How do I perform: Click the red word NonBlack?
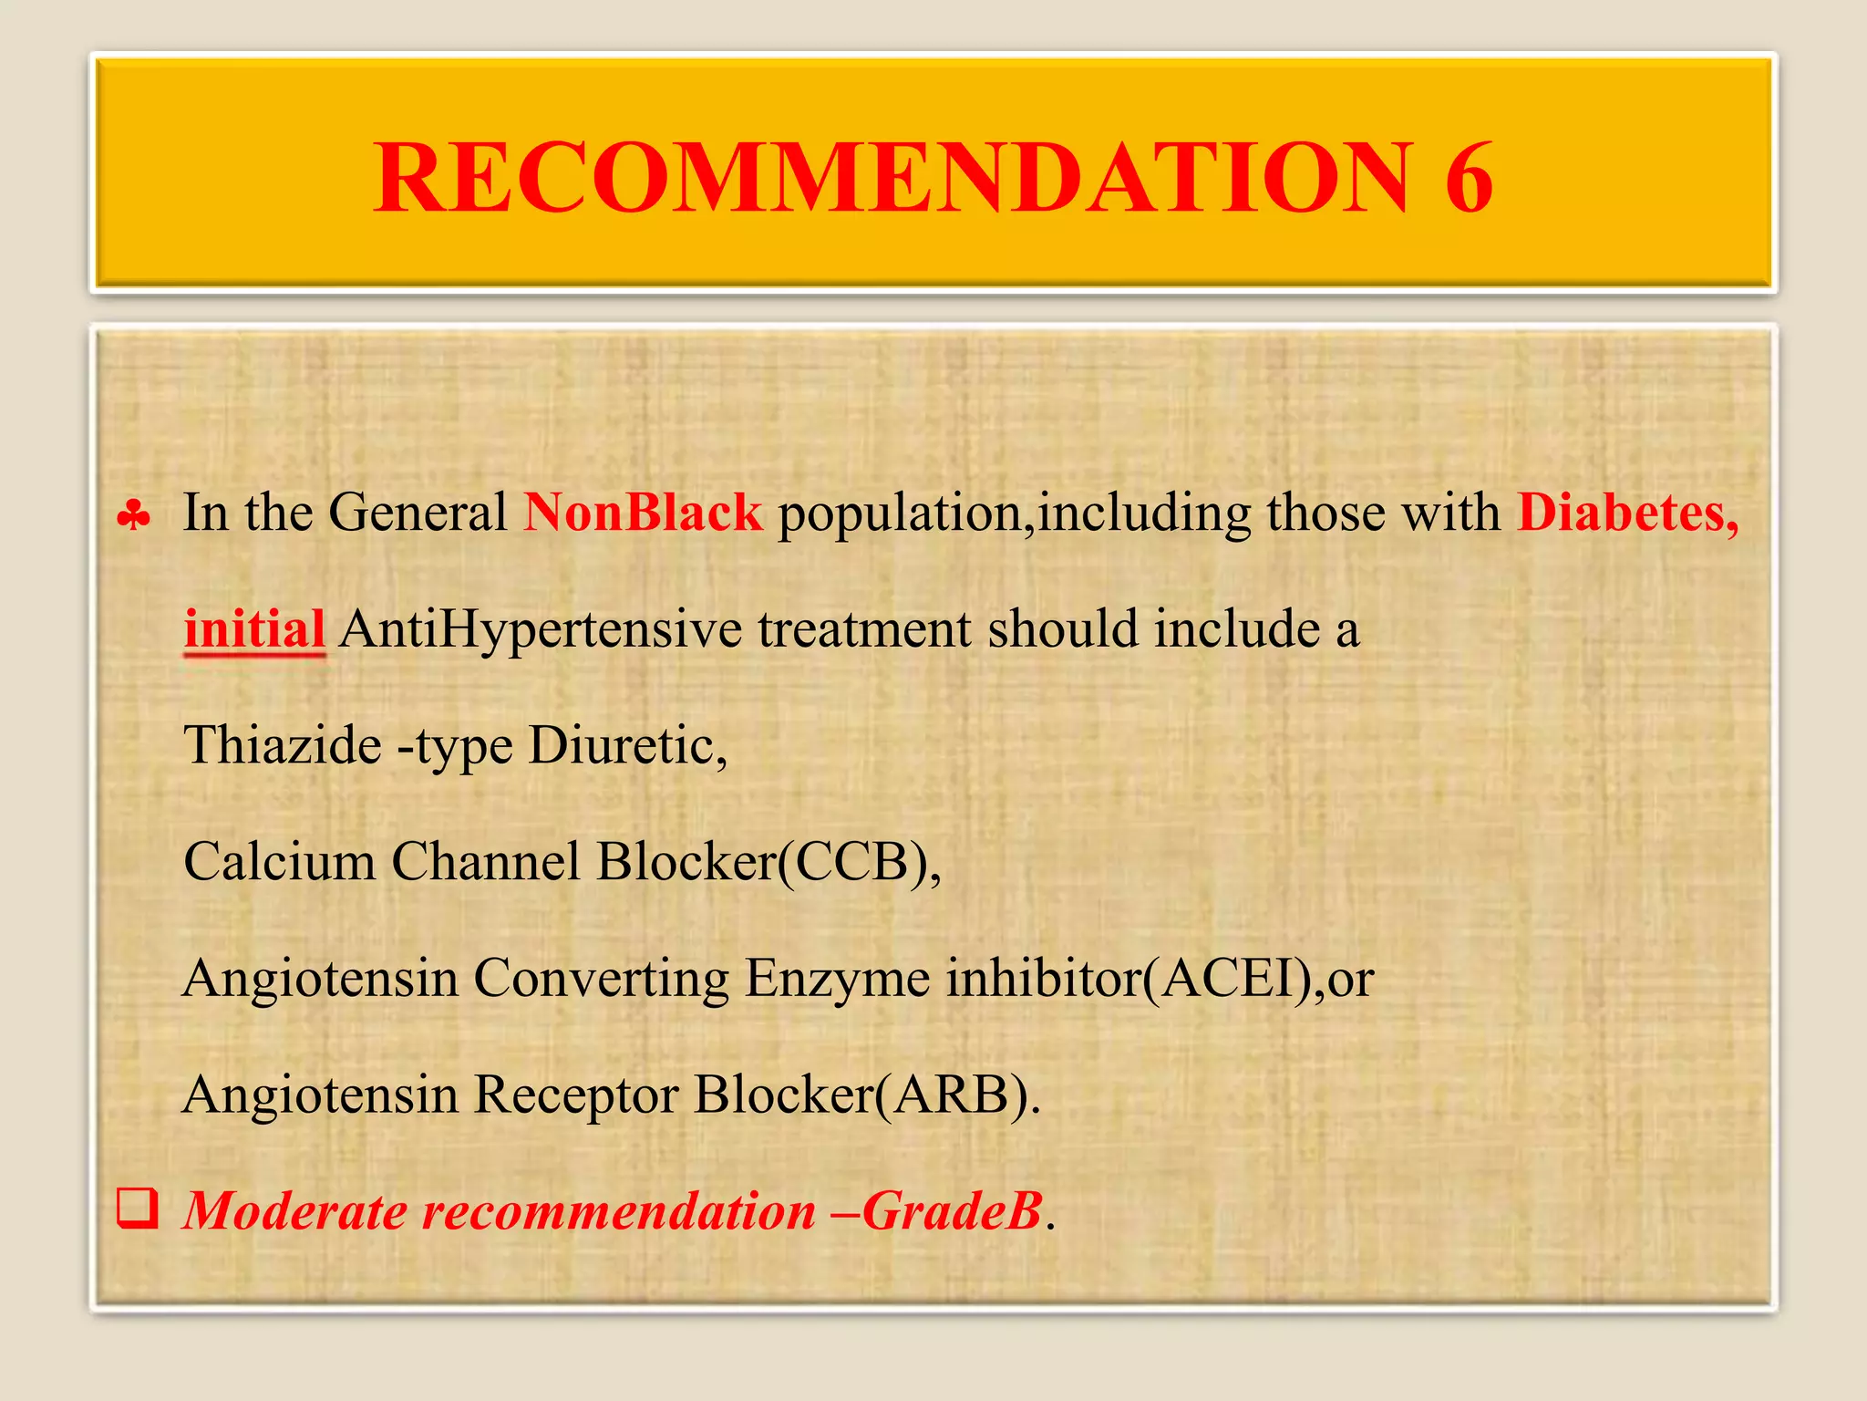[x=643, y=513]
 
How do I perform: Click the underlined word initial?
[x=254, y=629]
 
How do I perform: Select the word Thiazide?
[x=283, y=745]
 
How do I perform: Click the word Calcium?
[x=280, y=862]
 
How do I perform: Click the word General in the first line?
[x=418, y=513]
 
